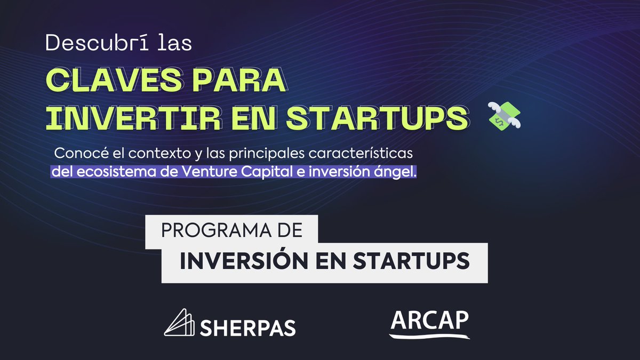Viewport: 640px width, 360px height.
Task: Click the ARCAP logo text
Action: (430, 321)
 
